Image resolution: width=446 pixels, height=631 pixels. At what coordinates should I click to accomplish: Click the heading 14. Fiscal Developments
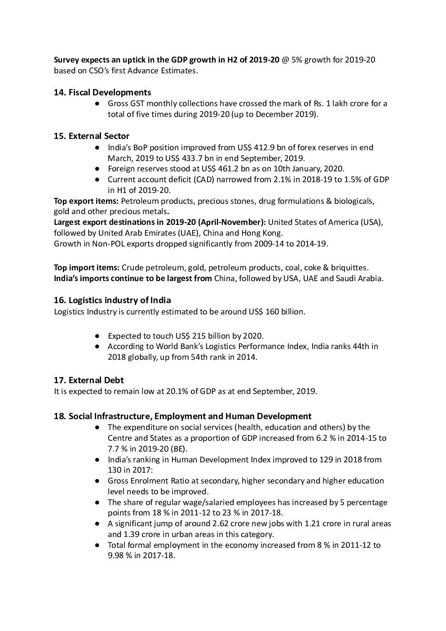(x=102, y=92)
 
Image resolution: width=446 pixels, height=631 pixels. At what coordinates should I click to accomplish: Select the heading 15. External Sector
(x=92, y=136)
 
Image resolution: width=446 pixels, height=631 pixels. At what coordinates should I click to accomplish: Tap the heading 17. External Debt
(x=89, y=380)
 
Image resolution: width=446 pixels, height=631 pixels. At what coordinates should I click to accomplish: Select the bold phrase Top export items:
(x=86, y=201)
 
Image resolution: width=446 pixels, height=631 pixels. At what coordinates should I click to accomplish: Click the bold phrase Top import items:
(x=87, y=268)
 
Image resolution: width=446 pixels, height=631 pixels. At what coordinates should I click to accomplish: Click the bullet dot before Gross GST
(x=97, y=104)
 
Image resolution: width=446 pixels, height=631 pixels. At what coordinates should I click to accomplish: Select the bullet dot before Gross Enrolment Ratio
(x=97, y=481)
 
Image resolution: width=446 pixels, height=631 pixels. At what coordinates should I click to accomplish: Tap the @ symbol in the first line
(x=286, y=60)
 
